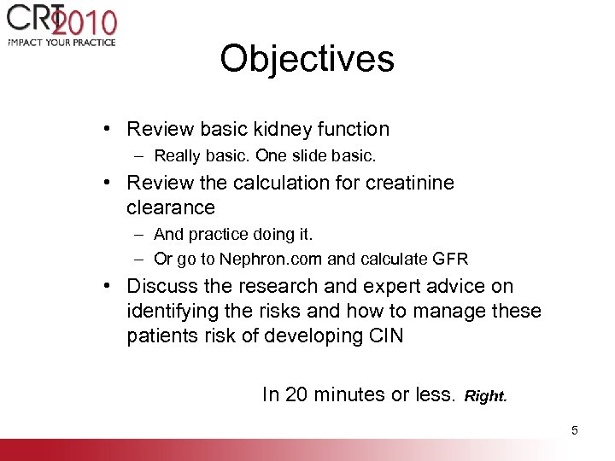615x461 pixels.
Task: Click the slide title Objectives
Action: pyautogui.click(x=307, y=59)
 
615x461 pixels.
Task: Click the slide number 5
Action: pyautogui.click(x=575, y=430)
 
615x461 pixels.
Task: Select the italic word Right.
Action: pyautogui.click(x=486, y=396)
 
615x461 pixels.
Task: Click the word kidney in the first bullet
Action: pyautogui.click(x=280, y=130)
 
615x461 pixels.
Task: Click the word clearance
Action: pyautogui.click(x=171, y=207)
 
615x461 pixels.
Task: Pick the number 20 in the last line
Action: pyautogui.click(x=296, y=394)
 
